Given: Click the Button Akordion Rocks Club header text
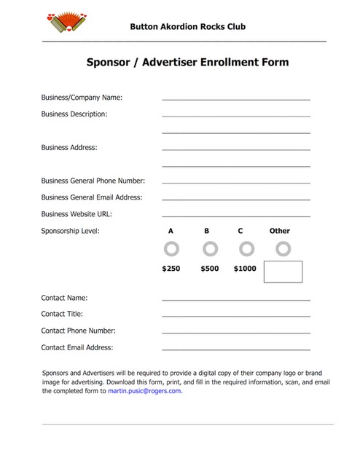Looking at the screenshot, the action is pyautogui.click(x=187, y=27).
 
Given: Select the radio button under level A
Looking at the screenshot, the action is pyautogui.click(x=171, y=249).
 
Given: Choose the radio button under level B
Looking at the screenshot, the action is pyautogui.click(x=210, y=249).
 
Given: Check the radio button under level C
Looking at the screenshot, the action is pyautogui.click(x=246, y=249).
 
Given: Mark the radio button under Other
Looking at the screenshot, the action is pyautogui.click(x=283, y=249).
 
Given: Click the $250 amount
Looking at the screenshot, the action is pyautogui.click(x=171, y=269).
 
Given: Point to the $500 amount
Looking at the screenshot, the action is pyautogui.click(x=209, y=269).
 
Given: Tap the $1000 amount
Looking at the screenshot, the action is pyautogui.click(x=245, y=269).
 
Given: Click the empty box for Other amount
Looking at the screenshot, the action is pyautogui.click(x=283, y=272).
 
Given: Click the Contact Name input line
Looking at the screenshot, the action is pyautogui.click(x=235, y=298).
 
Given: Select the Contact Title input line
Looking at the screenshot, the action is pyautogui.click(x=235, y=315).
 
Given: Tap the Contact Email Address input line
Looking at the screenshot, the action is pyautogui.click(x=235, y=348).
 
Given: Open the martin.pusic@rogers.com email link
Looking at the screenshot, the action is pyautogui.click(x=145, y=391).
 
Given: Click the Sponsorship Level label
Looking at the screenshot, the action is pyautogui.click(x=70, y=231).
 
